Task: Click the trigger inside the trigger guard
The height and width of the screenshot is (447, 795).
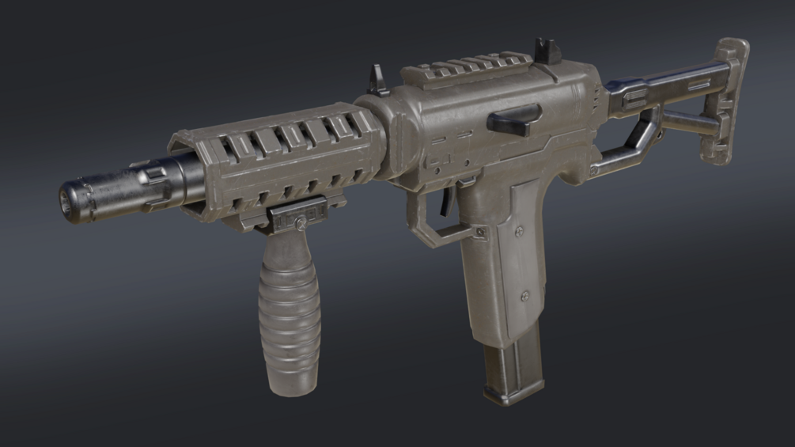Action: (x=445, y=201)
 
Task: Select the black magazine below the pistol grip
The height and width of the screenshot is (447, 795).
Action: (x=513, y=364)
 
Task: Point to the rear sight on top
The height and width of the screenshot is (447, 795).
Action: (x=547, y=51)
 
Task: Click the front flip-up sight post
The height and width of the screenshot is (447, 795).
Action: (x=377, y=81)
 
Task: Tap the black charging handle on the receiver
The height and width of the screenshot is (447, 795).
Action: (x=514, y=119)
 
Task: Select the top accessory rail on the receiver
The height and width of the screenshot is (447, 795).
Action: (x=467, y=67)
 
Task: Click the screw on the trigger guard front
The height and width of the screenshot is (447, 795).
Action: (x=479, y=231)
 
